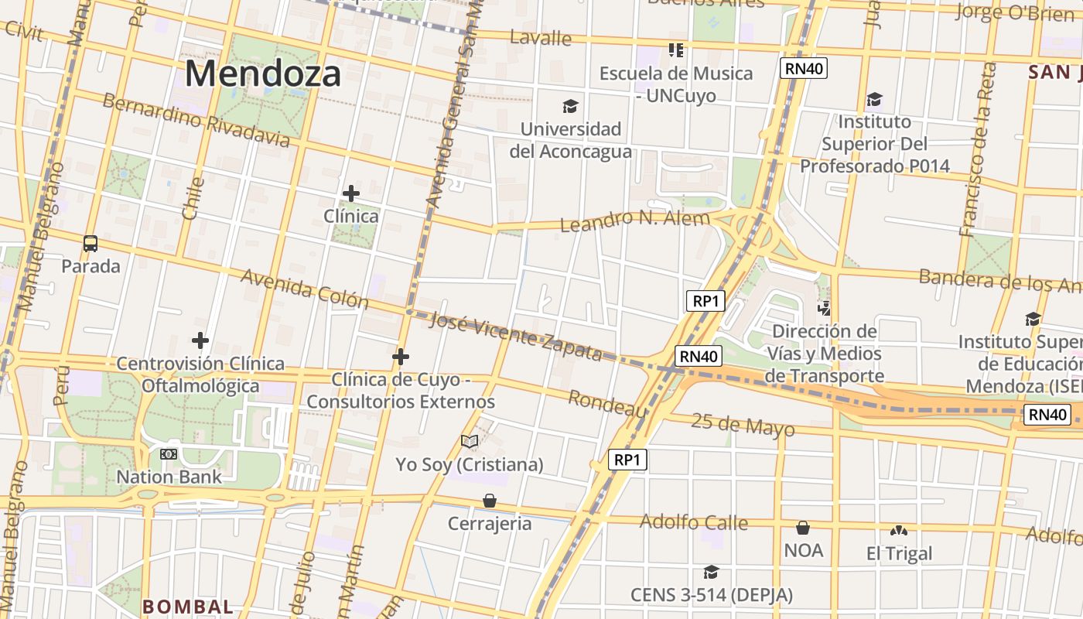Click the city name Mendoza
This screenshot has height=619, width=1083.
262,74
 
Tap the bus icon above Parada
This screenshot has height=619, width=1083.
91,244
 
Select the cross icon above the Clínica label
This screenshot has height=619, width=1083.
351,193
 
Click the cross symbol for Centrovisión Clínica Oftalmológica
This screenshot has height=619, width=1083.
200,340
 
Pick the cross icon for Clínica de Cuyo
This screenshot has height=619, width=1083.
401,357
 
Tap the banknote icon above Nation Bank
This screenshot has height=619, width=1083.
169,454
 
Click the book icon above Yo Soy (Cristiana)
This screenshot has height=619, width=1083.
470,442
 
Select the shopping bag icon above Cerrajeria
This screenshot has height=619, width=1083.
490,501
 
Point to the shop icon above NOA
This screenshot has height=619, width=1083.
803,528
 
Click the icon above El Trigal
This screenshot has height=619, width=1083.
898,531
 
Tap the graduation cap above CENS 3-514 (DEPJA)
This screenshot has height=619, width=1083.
711,572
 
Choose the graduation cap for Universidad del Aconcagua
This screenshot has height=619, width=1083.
570,106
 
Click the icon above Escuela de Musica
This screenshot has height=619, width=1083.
676,50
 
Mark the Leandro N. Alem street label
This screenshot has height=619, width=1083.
634,221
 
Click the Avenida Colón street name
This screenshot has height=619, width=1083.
305,289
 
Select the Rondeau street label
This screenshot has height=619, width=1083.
608,404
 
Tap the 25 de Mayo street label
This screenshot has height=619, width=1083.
743,426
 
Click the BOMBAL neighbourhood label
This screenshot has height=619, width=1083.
187,607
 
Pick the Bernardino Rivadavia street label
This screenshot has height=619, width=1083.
196,121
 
